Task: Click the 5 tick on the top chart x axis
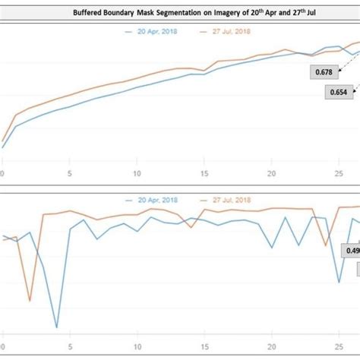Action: [x=70, y=174]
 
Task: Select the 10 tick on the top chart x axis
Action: [x=137, y=174]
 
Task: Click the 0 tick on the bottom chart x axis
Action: [x=3, y=341]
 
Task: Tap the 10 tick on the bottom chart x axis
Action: [x=137, y=341]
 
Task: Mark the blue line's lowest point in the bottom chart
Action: [x=57, y=327]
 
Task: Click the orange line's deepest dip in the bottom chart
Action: [x=30, y=300]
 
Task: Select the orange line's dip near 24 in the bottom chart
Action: [x=326, y=246]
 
